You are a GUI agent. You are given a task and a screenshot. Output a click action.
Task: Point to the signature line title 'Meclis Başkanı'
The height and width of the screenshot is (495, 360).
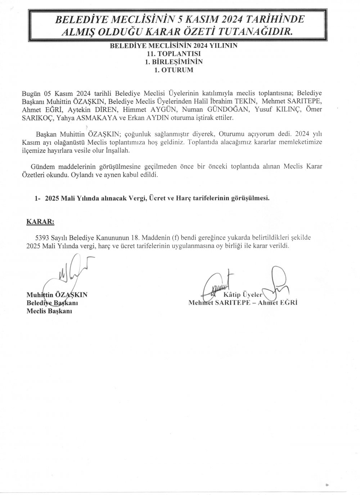click(50, 311)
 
